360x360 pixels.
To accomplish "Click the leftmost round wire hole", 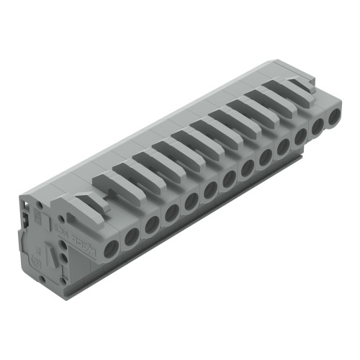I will pyautogui.click(x=112, y=249).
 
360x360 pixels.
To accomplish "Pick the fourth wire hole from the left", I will pyautogui.click(x=171, y=212).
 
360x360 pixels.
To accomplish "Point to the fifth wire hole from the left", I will pyautogui.click(x=191, y=201).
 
